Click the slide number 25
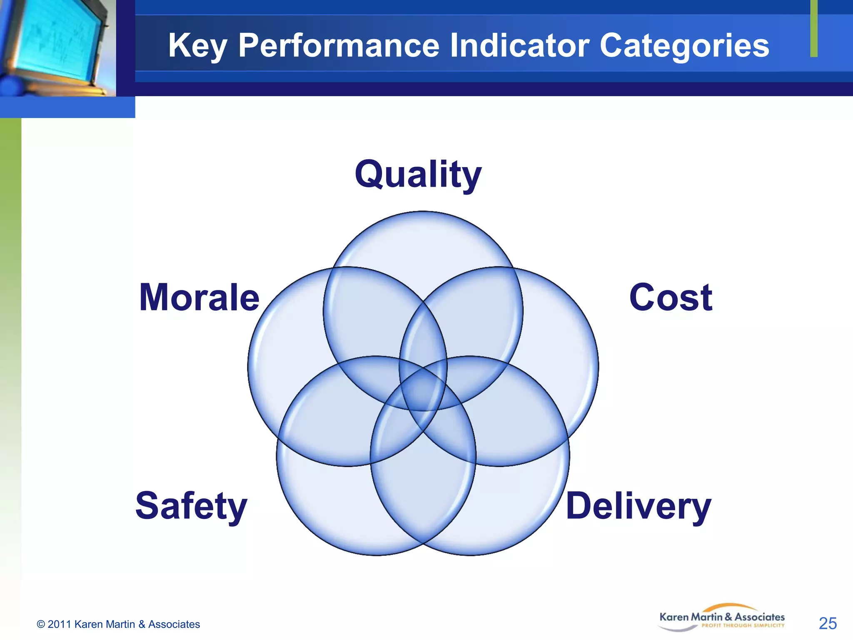click(x=828, y=623)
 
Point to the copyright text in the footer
click(x=118, y=624)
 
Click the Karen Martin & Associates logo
click(x=722, y=617)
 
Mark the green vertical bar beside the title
click(x=814, y=28)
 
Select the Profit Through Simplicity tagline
click(x=743, y=625)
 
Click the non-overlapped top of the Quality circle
click(x=423, y=242)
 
